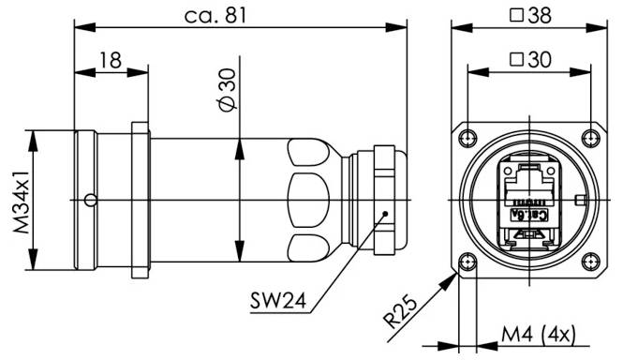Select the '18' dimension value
(x=110, y=60)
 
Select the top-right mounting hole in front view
(x=588, y=139)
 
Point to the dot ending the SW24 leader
(x=384, y=215)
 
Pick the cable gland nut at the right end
(x=387, y=200)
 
